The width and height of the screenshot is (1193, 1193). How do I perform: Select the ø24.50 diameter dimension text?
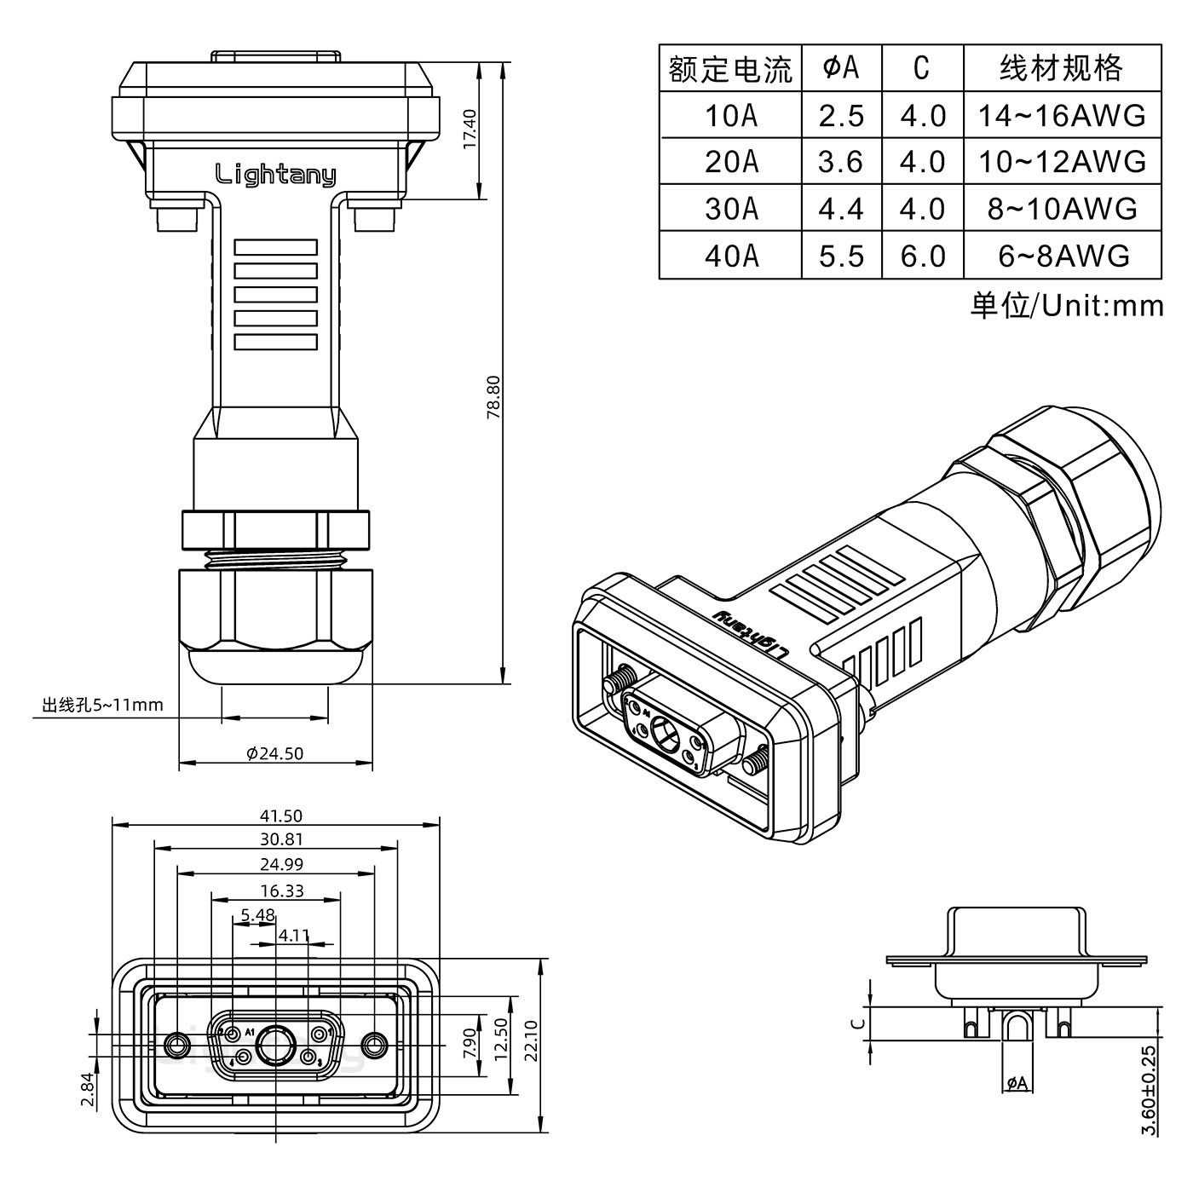(274, 753)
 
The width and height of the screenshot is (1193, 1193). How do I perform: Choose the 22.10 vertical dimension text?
(531, 1040)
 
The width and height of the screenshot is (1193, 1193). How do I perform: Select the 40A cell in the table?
(730, 256)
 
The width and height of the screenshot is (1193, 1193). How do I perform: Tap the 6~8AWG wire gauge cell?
(1063, 256)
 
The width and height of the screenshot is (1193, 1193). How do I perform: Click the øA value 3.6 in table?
(841, 162)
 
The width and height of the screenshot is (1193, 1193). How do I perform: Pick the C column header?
(921, 68)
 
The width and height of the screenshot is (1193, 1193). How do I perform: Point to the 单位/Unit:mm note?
(1066, 305)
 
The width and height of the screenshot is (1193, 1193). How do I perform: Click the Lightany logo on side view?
(275, 175)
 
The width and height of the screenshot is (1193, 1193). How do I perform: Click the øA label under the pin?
(1017, 1083)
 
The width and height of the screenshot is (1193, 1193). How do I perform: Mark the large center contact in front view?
(275, 1045)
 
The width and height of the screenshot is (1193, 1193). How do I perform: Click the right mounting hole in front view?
(374, 1044)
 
